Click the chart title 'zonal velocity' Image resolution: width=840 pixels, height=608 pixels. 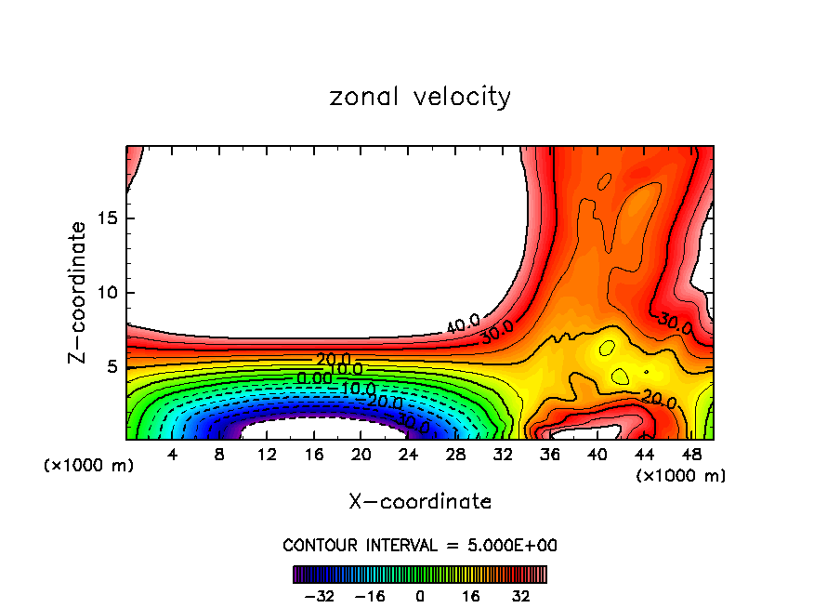[x=420, y=97]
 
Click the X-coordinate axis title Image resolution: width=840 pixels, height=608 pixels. [x=420, y=502]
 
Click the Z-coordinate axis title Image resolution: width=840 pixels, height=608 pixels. [x=78, y=292]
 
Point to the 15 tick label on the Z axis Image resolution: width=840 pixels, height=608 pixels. [x=105, y=218]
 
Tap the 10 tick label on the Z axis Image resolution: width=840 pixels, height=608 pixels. [x=105, y=293]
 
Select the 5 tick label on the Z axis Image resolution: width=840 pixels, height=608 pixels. [x=111, y=366]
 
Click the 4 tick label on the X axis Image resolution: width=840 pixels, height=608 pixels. [x=173, y=455]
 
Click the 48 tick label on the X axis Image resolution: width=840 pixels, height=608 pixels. [x=690, y=455]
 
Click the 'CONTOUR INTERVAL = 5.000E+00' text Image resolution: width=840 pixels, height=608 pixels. [x=420, y=546]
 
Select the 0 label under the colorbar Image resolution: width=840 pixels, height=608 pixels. [x=420, y=596]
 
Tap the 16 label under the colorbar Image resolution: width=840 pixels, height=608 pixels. [x=471, y=596]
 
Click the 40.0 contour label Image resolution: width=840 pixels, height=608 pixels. [x=462, y=324]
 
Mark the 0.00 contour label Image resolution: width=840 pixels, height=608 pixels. [x=314, y=379]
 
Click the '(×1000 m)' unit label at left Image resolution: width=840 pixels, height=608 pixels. [x=89, y=466]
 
